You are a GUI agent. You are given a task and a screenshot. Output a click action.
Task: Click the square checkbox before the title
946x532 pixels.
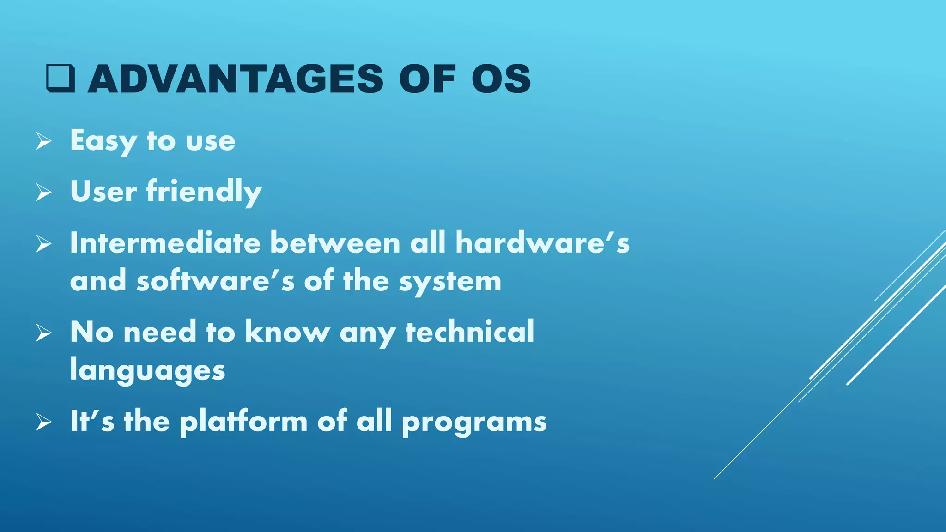pyautogui.click(x=61, y=79)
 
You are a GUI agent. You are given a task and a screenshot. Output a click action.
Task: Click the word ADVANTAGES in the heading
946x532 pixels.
pyautogui.click(x=236, y=79)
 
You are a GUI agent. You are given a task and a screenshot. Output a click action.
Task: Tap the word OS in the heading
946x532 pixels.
pyautogui.click(x=501, y=79)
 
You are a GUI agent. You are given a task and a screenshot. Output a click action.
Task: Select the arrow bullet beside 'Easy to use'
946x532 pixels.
pyautogui.click(x=44, y=141)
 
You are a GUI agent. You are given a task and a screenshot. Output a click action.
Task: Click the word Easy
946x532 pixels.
pyautogui.click(x=103, y=141)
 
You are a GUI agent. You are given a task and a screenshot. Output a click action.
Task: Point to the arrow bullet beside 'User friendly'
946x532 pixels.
pyautogui.click(x=44, y=192)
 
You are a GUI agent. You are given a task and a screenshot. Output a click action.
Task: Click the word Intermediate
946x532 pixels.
pyautogui.click(x=165, y=243)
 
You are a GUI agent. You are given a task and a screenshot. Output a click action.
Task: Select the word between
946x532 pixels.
pyautogui.click(x=335, y=243)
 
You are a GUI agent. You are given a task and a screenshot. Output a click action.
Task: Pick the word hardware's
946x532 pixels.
pyautogui.click(x=542, y=243)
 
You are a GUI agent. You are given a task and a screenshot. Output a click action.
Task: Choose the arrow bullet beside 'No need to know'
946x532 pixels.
pyautogui.click(x=44, y=332)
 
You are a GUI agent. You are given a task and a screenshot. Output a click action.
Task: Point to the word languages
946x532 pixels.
pyautogui.click(x=147, y=371)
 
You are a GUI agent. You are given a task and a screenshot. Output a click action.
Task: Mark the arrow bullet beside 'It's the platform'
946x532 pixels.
pyautogui.click(x=44, y=422)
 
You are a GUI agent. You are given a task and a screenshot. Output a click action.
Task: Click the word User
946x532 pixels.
pyautogui.click(x=103, y=192)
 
